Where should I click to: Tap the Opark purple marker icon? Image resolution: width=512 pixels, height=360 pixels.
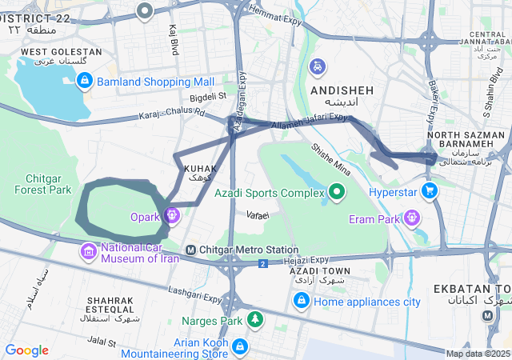click(x=170, y=215)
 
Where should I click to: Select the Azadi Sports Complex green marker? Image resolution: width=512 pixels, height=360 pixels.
click(x=337, y=190)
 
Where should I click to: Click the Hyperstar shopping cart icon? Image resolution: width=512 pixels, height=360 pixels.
click(x=430, y=190)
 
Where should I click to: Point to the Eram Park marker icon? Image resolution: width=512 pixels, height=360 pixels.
click(x=412, y=215)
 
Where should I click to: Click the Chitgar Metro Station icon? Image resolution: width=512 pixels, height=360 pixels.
click(x=190, y=250)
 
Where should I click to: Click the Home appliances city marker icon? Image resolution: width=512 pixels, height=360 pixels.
click(x=302, y=301)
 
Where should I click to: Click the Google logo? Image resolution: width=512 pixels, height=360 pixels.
click(x=26, y=350)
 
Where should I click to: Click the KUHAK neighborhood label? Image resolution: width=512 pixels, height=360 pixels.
click(x=199, y=169)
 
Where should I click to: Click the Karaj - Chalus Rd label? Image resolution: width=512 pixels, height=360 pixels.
click(x=173, y=113)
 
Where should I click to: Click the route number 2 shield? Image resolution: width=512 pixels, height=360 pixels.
click(x=262, y=263)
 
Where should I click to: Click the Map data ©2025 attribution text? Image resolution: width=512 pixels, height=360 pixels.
click(x=478, y=354)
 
